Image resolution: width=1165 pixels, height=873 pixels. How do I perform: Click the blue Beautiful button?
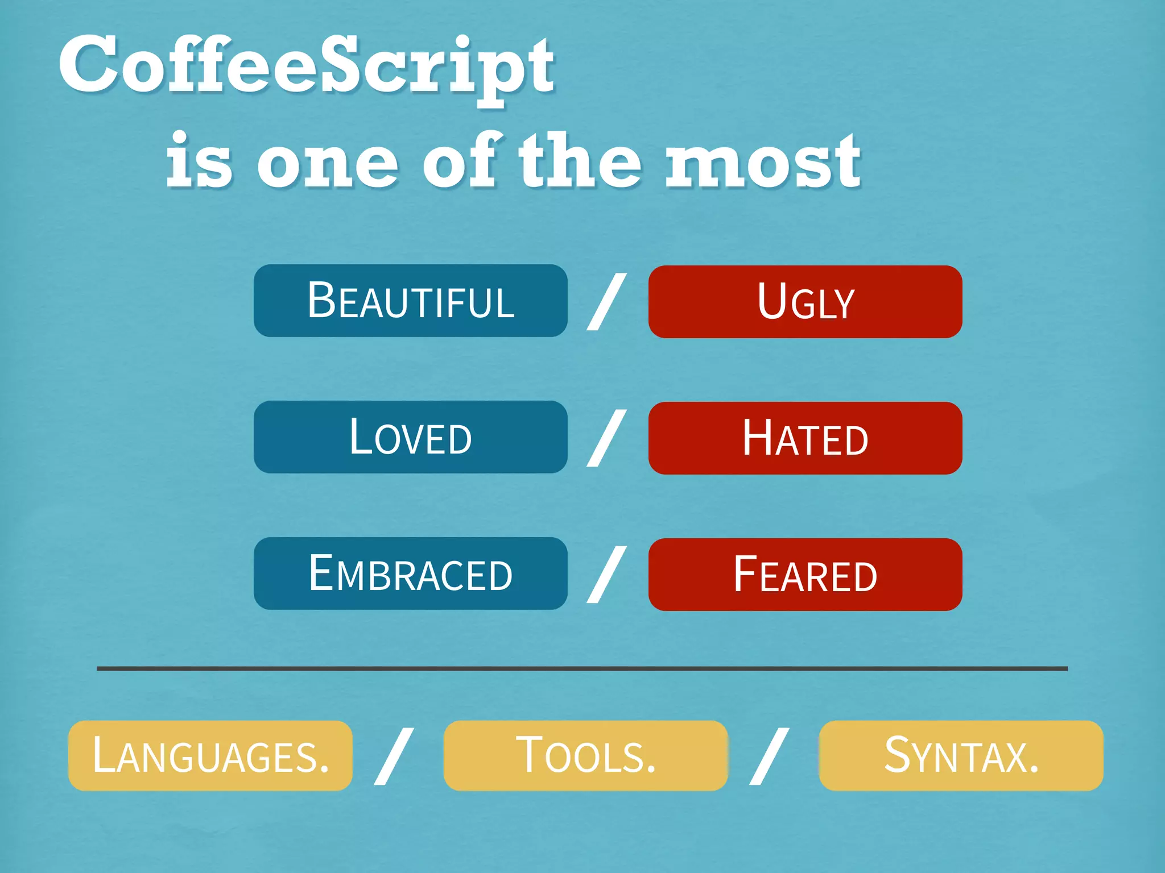coord(410,301)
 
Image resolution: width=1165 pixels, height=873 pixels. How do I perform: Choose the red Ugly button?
coord(805,302)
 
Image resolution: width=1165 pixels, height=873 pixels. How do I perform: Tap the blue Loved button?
coord(410,437)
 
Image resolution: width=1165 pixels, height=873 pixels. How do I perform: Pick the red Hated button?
coord(805,438)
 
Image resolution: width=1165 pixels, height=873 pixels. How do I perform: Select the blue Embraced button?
coord(410,573)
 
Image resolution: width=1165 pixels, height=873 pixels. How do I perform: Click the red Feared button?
coord(805,575)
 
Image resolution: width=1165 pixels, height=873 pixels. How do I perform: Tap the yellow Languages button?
coord(210,755)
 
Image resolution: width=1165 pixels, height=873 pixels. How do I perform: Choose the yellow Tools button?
coord(585,755)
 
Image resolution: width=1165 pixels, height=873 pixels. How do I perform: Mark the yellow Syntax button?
coord(961,755)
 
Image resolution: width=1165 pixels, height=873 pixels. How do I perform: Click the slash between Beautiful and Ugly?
coord(606,301)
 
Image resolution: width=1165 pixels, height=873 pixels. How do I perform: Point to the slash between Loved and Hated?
coord(606,438)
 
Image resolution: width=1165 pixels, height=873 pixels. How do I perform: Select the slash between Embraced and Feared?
coord(606,574)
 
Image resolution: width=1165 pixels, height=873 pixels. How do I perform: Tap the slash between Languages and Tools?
coord(394,756)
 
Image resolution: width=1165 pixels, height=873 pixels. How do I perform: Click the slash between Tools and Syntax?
coord(769,756)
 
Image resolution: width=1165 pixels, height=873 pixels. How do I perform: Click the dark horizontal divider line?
coord(582,668)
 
